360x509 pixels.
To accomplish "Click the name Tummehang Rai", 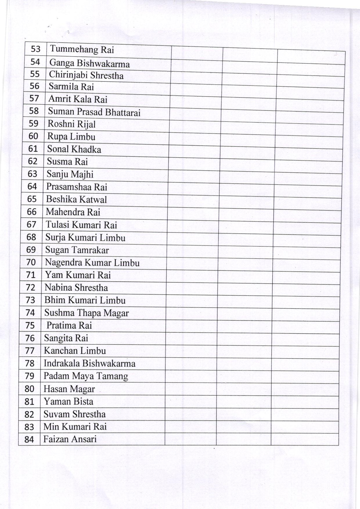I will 82,50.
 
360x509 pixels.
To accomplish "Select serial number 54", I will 35,62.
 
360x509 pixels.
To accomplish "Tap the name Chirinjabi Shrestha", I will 86,75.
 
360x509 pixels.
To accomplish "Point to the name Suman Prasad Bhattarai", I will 94,112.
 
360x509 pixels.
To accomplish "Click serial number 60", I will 33,136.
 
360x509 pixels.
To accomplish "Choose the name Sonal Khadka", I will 74,149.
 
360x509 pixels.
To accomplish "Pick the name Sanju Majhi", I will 70,174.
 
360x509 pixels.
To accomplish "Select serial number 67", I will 31,224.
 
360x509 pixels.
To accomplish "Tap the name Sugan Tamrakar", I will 77,250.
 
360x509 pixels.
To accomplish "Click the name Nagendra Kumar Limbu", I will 92,263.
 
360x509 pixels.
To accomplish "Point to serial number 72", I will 30,287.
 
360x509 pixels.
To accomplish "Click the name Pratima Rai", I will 69,325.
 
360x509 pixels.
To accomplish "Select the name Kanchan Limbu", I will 75,351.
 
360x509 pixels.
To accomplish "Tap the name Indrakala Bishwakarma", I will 89,364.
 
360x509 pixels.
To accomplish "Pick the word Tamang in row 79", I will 112,376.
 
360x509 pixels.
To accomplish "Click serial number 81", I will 30,402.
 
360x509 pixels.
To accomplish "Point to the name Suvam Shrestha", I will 74,414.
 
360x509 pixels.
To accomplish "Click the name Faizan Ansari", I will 70,439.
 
